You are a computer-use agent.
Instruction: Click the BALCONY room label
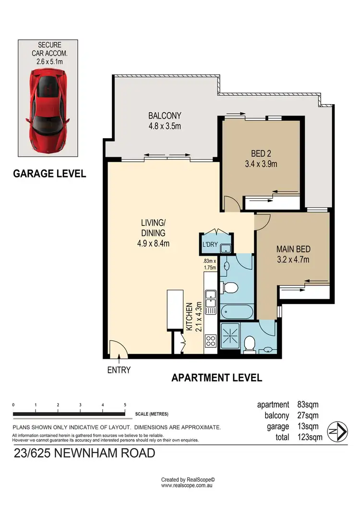(165, 116)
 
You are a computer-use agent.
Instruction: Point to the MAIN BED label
(293, 249)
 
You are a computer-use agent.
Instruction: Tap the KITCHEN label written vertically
(189, 316)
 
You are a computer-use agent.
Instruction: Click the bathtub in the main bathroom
(236, 311)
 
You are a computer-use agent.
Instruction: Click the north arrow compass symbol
(338, 430)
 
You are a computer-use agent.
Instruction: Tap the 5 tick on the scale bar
(125, 405)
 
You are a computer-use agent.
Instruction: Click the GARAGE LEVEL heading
(49, 174)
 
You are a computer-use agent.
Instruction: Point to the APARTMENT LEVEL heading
(217, 378)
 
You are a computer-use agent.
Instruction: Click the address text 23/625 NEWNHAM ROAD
(84, 453)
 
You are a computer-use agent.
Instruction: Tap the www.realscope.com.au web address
(187, 485)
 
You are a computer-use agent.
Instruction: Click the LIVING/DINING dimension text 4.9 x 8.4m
(153, 243)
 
